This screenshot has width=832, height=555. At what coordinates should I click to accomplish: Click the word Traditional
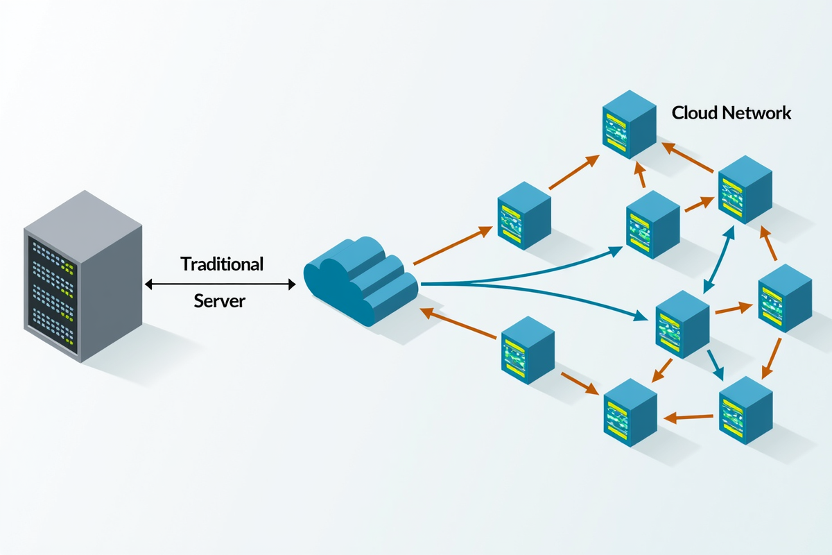pos(222,264)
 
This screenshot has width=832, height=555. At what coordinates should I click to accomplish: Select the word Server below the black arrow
pos(220,301)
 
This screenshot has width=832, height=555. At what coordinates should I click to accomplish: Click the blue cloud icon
pos(361,281)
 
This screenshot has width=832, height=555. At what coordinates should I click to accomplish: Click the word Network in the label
pos(757,113)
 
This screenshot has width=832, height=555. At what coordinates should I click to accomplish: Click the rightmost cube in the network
pos(784,300)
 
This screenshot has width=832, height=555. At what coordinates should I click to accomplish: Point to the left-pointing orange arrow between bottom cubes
pos(688,418)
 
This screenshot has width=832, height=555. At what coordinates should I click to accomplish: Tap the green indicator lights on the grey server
pos(67,268)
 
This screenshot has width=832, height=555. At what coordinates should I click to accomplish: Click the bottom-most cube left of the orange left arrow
pos(630,411)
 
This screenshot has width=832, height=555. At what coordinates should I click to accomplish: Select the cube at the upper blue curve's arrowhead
pos(652,223)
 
